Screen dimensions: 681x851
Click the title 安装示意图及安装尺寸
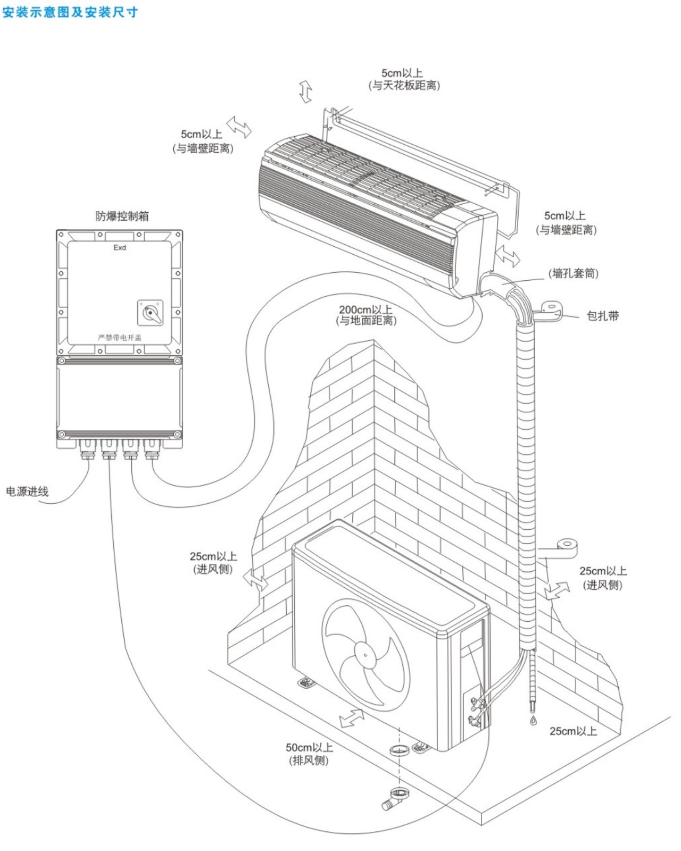(x=70, y=12)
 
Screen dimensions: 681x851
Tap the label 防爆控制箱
(x=122, y=216)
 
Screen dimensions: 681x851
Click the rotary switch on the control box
(x=151, y=312)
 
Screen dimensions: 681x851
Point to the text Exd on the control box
(x=120, y=247)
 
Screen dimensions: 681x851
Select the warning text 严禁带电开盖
(x=120, y=337)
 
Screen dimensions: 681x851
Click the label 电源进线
(x=27, y=491)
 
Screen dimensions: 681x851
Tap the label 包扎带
(x=603, y=316)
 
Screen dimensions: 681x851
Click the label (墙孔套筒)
(x=574, y=273)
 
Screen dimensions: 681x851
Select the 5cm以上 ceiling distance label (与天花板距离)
(x=404, y=79)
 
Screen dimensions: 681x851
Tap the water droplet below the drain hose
(x=534, y=721)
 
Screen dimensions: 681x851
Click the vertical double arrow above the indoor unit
(x=305, y=91)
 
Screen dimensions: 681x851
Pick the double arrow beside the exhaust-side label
(x=352, y=718)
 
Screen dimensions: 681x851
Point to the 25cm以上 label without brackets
(x=572, y=731)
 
